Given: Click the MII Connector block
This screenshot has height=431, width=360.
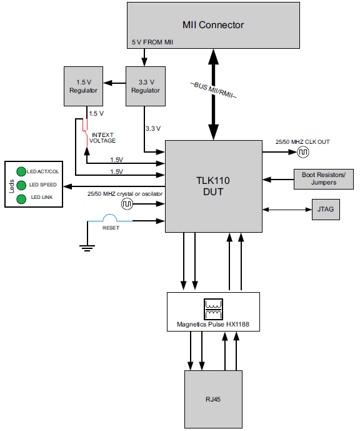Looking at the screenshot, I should pos(212,25).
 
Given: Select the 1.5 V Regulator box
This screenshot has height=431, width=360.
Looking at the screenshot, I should pos(83,86).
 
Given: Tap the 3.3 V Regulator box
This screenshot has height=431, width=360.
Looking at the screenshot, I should pos(145,86).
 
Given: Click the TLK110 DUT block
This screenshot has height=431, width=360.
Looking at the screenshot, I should pos(213,186).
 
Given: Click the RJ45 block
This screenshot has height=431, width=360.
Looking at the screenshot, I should pos(213,399).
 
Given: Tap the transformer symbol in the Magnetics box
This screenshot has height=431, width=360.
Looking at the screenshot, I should pos(213,308).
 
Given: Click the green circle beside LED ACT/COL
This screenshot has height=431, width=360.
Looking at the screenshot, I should pos(21,171).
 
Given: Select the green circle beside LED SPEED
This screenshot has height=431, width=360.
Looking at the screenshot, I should pos(21,185).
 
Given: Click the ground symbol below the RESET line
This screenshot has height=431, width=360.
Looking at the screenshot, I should pos(86,248).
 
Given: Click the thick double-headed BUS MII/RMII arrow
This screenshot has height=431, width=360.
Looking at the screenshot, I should pos(213,94).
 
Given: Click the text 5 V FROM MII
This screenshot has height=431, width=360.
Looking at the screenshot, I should pos(152,42).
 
